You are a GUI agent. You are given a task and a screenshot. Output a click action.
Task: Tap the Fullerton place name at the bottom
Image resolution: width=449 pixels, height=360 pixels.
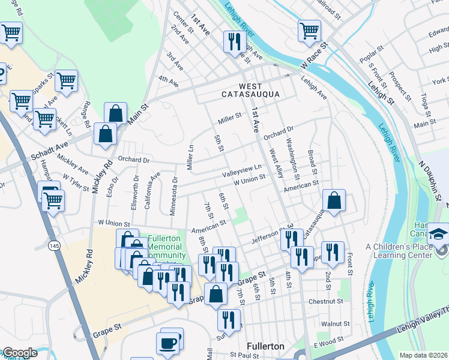[x=266, y=346]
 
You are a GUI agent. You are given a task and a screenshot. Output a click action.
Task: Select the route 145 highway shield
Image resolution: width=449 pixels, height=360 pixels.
[x=55, y=245]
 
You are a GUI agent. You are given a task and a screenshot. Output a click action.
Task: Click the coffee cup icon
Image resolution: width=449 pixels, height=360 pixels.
[x=168, y=343]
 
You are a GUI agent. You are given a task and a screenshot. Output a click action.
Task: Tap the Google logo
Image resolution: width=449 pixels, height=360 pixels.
[x=20, y=353]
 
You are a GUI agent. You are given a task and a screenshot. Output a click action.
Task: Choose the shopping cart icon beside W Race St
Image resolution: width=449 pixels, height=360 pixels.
[x=309, y=31]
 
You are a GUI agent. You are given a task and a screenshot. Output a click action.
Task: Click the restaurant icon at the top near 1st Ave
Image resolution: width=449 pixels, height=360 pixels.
[x=232, y=41]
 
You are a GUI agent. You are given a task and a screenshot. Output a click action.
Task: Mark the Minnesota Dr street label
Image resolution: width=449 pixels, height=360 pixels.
[x=175, y=188]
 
